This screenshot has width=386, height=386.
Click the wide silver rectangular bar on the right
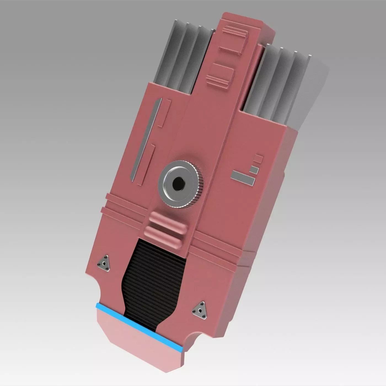(243, 177)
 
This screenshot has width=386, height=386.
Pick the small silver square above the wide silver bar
(254, 170)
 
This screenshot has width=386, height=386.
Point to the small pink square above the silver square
(258, 159)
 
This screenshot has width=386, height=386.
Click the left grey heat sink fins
(183, 58)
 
